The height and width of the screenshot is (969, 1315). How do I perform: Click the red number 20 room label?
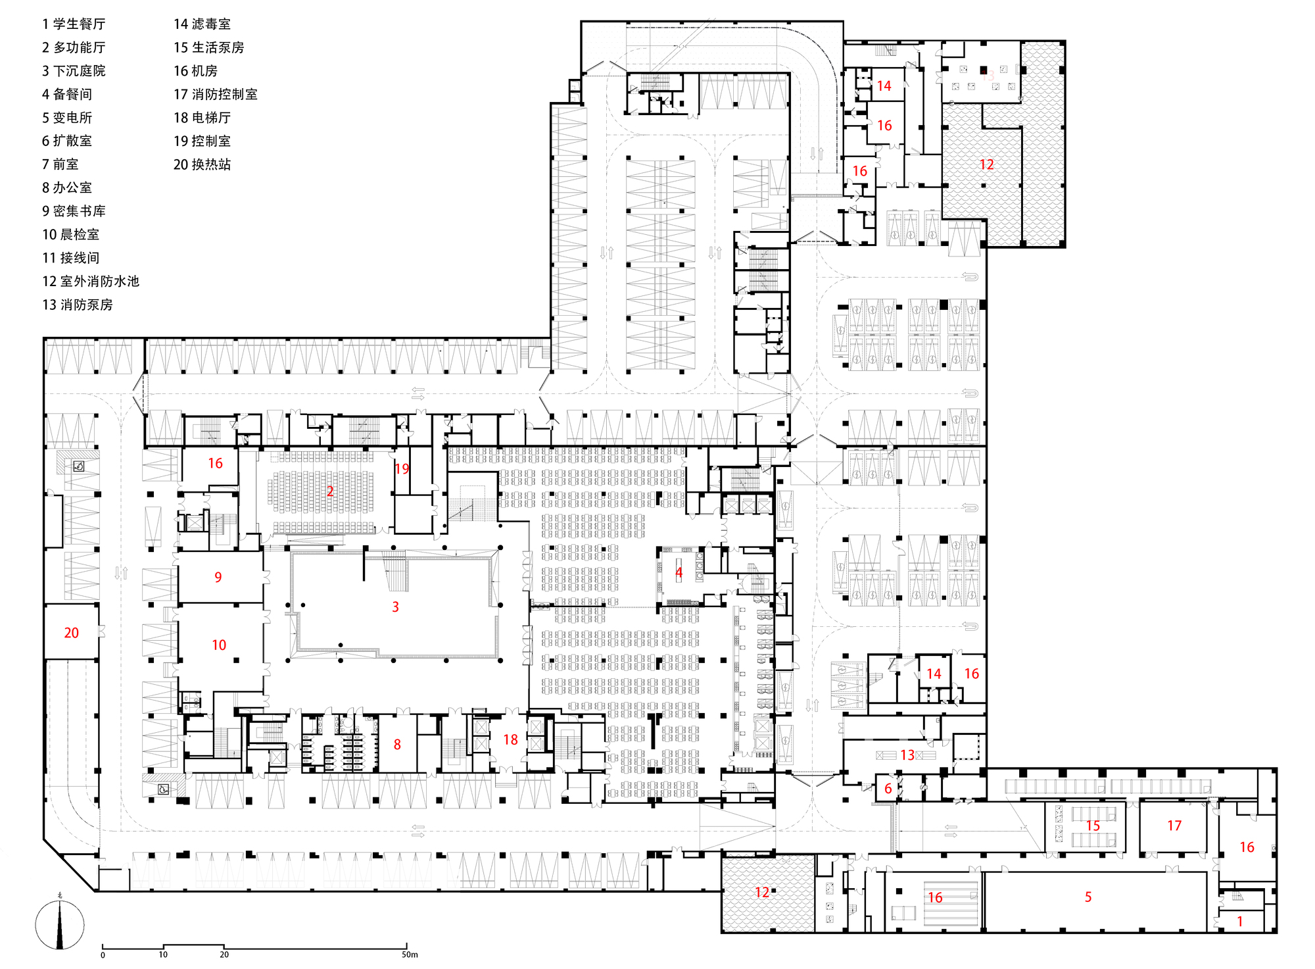pyautogui.click(x=71, y=633)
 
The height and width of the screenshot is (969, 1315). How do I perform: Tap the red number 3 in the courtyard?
pyautogui.click(x=395, y=607)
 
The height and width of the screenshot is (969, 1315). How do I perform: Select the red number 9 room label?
pyautogui.click(x=218, y=578)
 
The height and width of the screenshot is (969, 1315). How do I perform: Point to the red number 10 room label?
pyautogui.click(x=219, y=645)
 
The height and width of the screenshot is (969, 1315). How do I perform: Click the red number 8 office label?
pyautogui.click(x=397, y=745)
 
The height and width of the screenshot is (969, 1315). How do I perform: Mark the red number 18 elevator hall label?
pyautogui.click(x=510, y=740)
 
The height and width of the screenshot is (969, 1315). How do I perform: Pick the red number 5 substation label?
pyautogui.click(x=1088, y=897)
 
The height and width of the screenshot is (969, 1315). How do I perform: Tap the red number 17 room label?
pyautogui.click(x=1174, y=826)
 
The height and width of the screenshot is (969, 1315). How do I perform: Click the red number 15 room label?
pyautogui.click(x=1093, y=826)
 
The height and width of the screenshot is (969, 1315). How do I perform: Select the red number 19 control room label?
pyautogui.click(x=402, y=469)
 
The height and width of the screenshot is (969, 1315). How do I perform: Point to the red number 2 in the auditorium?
pyautogui.click(x=330, y=491)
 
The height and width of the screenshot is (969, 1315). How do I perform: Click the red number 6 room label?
pyautogui.click(x=888, y=789)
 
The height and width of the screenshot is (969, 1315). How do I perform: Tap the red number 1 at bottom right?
pyautogui.click(x=1240, y=922)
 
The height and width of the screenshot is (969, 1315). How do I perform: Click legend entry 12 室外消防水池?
pyautogui.click(x=91, y=282)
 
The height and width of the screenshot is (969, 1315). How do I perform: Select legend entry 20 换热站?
pyautogui.click(x=202, y=164)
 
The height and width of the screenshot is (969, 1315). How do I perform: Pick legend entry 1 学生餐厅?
pyautogui.click(x=74, y=24)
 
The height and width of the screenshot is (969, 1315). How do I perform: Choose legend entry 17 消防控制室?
pyautogui.click(x=215, y=95)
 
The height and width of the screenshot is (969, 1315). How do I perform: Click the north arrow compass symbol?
pyautogui.click(x=60, y=925)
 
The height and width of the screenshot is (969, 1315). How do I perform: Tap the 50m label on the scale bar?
pyautogui.click(x=410, y=955)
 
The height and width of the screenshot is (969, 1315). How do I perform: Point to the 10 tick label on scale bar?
pyautogui.click(x=163, y=955)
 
